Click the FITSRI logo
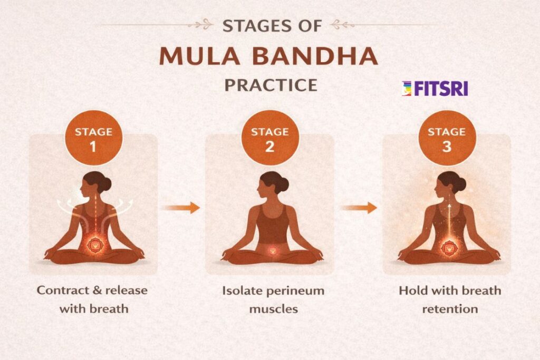click(435, 89)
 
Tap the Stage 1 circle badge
click(93, 139)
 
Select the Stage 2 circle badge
click(269, 139)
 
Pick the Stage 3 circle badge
click(447, 139)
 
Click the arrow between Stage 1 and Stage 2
click(181, 207)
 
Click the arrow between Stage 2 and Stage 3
click(359, 207)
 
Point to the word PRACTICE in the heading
click(271, 84)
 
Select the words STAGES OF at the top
click(270, 25)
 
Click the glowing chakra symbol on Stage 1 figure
click(95, 244)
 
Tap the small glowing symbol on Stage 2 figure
click(272, 251)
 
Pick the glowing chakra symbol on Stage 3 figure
click(449, 245)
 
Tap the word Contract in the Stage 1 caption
click(59, 290)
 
